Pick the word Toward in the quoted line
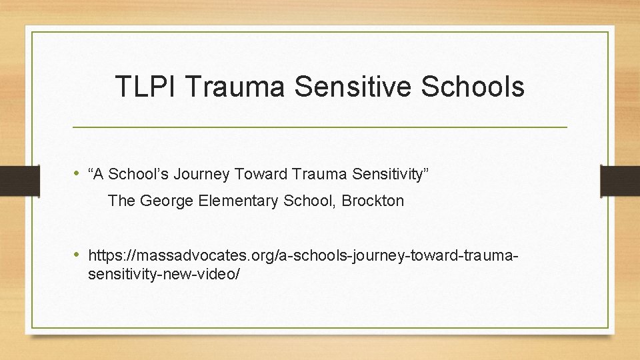coord(258,175)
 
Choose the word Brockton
coord(373,201)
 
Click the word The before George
coord(121,201)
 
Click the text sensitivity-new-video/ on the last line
coord(164,273)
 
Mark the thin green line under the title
coord(319,127)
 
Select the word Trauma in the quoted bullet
coord(318,175)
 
